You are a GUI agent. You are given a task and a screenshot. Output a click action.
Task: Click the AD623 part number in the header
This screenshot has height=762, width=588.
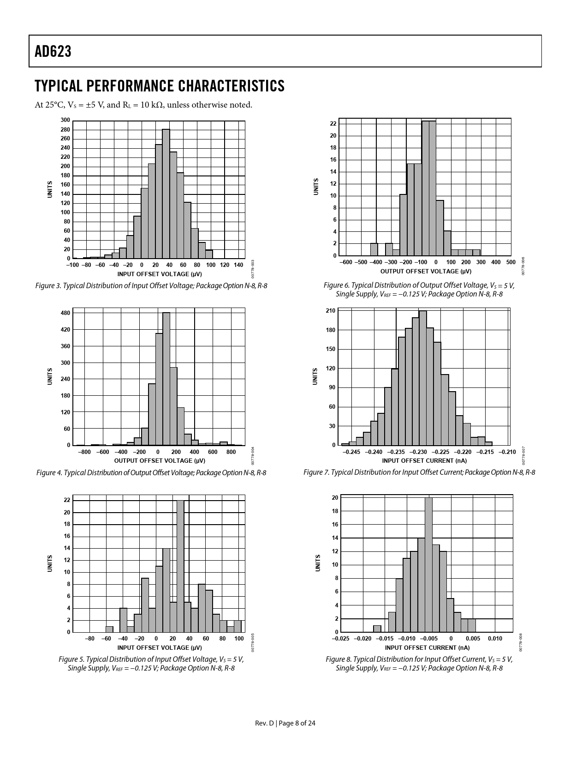click(53, 52)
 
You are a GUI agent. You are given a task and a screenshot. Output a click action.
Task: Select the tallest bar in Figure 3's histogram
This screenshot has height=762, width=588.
click(166, 194)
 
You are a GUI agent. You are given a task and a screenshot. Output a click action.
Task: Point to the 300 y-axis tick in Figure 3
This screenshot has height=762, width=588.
click(65, 120)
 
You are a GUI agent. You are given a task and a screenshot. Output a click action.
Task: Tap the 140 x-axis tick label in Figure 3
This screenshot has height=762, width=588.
click(238, 265)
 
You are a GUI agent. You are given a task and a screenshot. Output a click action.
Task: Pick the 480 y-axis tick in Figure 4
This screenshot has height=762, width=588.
click(65, 313)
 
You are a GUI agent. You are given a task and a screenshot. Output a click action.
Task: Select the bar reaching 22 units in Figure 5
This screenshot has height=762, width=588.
click(180, 566)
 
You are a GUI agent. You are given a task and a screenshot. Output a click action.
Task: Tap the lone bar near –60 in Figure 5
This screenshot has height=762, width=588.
click(109, 629)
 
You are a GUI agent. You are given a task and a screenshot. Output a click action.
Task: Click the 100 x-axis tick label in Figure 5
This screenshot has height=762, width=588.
click(239, 639)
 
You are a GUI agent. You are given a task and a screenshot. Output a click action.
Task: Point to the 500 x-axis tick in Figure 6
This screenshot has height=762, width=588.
click(511, 262)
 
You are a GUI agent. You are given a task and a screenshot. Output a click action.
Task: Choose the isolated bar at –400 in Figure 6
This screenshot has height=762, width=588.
click(374, 249)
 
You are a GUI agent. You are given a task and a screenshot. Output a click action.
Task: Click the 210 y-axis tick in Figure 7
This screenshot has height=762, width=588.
click(330, 311)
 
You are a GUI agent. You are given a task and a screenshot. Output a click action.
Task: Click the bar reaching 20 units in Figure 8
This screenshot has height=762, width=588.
click(428, 564)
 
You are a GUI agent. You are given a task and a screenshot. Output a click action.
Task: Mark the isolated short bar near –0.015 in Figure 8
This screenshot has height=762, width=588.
click(377, 629)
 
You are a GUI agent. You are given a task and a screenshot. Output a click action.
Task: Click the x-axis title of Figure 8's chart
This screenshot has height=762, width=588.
click(426, 647)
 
